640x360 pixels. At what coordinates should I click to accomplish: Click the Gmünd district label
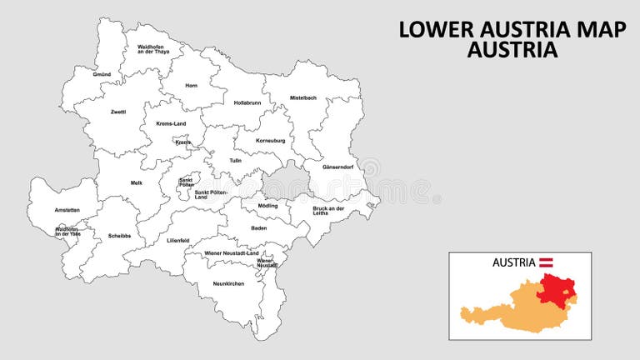[x=102, y=74]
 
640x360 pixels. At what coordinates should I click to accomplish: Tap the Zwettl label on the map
[x=117, y=111]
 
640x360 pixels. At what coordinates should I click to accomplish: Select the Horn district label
[x=192, y=85]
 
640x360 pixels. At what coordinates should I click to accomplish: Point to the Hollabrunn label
[x=247, y=102]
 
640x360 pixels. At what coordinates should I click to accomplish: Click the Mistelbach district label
[x=303, y=97]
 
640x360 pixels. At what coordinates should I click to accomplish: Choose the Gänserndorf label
[x=337, y=167]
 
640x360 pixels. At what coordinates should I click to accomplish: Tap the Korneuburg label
[x=271, y=140]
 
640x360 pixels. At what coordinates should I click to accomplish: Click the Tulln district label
[x=236, y=160]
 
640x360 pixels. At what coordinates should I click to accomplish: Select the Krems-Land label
[x=171, y=123]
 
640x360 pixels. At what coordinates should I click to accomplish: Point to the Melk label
[x=137, y=182]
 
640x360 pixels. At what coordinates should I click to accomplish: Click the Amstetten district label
[x=67, y=210]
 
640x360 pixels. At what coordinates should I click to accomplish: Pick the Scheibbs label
[x=119, y=235]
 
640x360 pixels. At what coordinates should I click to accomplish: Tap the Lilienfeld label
[x=178, y=240]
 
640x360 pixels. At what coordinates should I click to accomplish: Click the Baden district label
[x=259, y=227]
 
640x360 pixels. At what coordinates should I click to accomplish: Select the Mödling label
[x=267, y=205]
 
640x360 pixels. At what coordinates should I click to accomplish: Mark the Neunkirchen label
[x=227, y=283]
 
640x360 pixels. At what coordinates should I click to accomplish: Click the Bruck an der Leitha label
[x=328, y=210]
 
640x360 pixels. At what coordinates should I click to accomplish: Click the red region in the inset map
[x=557, y=292]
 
